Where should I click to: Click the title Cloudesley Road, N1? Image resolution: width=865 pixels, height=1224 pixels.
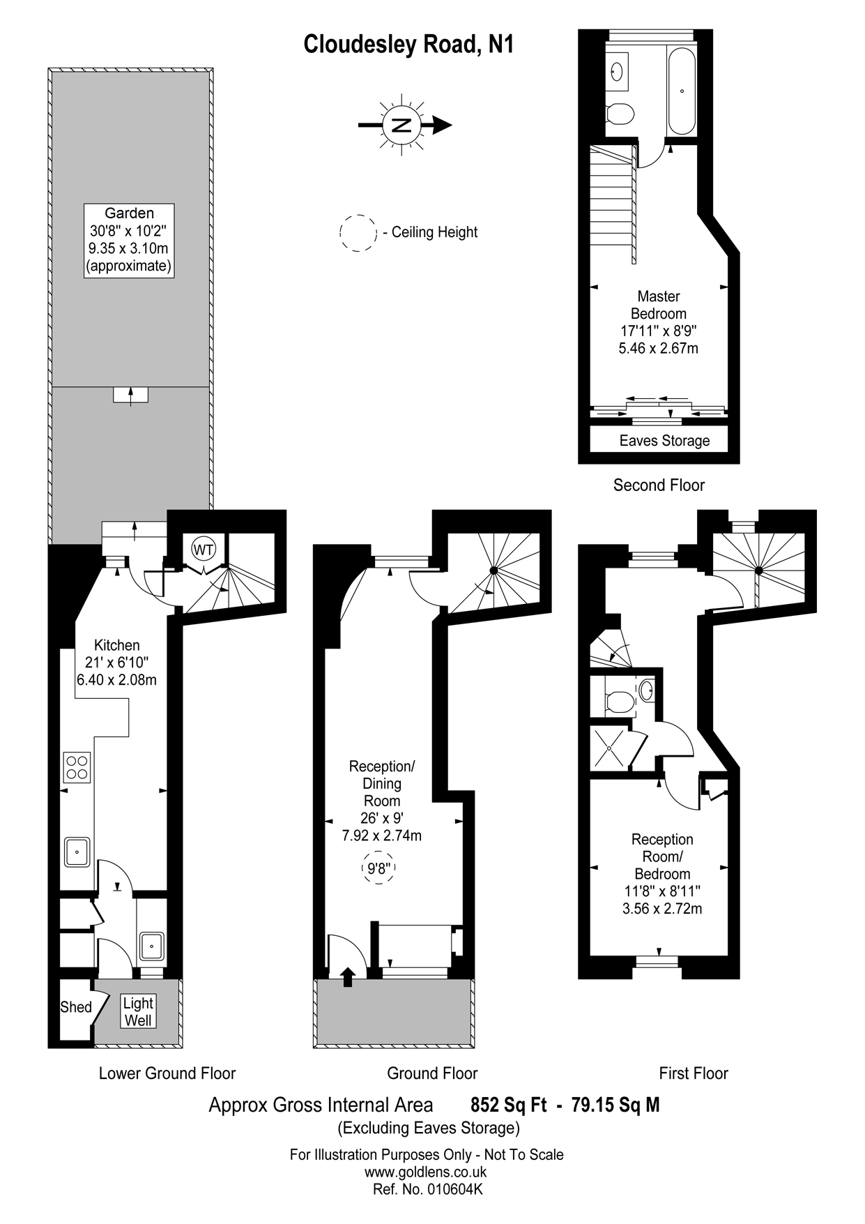pyautogui.click(x=408, y=45)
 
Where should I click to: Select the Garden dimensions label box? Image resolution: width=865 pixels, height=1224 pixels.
pyautogui.click(x=129, y=241)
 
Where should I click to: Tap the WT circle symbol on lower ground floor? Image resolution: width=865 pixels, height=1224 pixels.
pyautogui.click(x=204, y=550)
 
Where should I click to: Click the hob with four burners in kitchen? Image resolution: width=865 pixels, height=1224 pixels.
pyautogui.click(x=77, y=767)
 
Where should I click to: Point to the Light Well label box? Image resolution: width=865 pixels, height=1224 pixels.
pyautogui.click(x=138, y=1011)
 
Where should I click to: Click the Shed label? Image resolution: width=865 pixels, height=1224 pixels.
pyautogui.click(x=75, y=1007)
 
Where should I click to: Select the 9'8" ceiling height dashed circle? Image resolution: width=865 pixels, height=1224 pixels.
pyautogui.click(x=380, y=868)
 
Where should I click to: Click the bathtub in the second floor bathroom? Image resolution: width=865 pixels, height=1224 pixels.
pyautogui.click(x=681, y=91)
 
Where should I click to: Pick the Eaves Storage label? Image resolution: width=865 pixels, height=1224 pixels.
pyautogui.click(x=664, y=441)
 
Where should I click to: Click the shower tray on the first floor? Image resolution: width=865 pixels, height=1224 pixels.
pyautogui.click(x=610, y=748)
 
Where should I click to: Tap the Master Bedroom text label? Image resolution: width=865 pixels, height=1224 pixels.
pyautogui.click(x=658, y=305)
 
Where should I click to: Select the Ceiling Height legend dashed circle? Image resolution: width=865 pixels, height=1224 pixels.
pyautogui.click(x=358, y=233)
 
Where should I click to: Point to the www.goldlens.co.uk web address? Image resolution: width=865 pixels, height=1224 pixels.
pyautogui.click(x=425, y=1172)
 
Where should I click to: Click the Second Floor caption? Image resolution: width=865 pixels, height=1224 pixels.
pyautogui.click(x=659, y=485)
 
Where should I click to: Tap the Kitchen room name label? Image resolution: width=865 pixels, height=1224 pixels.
pyautogui.click(x=117, y=645)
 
